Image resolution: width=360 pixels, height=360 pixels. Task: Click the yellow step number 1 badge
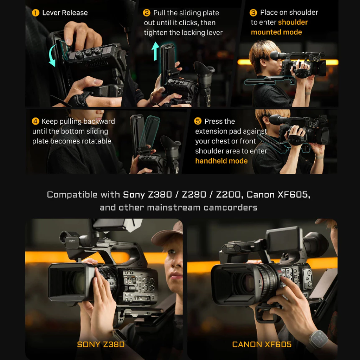36,13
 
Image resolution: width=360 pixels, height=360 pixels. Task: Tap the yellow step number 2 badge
147,13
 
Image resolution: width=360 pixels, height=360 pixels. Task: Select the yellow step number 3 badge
253,12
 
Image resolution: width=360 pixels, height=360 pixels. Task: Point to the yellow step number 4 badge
36,121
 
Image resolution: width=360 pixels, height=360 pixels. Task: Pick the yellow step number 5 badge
198,121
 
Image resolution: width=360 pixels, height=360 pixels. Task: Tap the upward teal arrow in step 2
155,51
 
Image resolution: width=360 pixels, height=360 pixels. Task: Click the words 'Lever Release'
65,13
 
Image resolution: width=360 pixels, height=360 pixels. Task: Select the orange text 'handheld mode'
221,161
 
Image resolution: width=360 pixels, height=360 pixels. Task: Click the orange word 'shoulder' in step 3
293,22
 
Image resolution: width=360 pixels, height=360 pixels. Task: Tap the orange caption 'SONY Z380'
101,344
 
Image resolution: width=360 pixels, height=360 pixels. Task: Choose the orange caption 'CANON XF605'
262,344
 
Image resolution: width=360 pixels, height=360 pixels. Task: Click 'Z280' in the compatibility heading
194,195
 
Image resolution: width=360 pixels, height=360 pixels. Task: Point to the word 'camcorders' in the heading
230,207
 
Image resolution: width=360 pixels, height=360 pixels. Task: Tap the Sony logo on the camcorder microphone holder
72,241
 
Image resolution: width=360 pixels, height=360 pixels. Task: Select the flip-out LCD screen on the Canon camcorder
284,240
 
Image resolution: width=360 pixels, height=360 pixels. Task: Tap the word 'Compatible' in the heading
72,195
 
